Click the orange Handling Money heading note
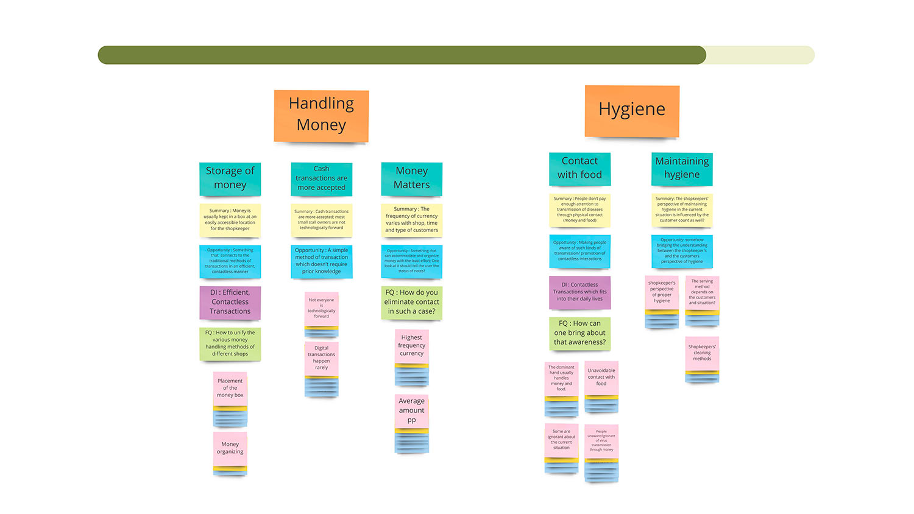pos(321,116)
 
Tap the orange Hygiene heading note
pos(632,111)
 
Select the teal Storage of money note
pos(230,178)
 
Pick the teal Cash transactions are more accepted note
pos(321,178)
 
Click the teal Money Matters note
pos(411,178)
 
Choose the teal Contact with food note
pos(579,169)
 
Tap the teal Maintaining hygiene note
pos(682,169)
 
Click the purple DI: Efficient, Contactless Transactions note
pos(230,302)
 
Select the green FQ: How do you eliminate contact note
pos(411,302)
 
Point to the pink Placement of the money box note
pos(230,388)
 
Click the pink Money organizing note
pos(230,448)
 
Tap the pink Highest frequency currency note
pos(411,346)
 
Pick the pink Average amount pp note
pos(411,411)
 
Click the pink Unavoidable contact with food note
pos(601,377)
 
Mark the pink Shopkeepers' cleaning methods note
pos(702,353)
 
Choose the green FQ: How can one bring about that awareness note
pos(579,333)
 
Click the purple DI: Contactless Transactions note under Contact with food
pos(579,292)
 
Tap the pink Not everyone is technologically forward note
pos(321,308)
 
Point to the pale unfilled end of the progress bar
pos(760,55)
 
